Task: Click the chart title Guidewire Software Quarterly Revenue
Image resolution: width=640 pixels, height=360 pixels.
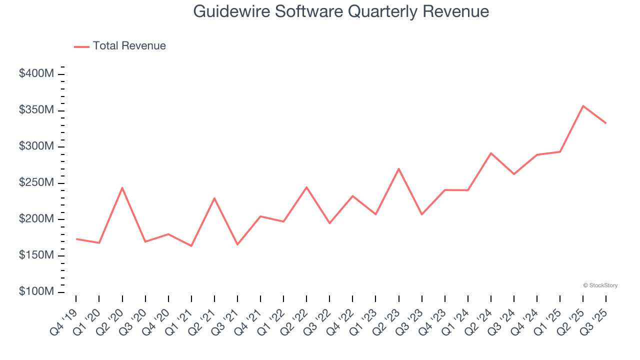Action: [340, 11]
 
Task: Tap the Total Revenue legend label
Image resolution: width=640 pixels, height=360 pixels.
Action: [129, 46]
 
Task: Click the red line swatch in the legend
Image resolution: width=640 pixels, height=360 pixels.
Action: [82, 46]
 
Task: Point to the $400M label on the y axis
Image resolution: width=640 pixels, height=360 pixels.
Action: [36, 74]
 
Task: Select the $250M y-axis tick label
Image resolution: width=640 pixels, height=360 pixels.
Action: [36, 183]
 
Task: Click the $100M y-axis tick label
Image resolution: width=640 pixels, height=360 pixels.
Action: [36, 292]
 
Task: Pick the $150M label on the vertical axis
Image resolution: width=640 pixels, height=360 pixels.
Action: [36, 255]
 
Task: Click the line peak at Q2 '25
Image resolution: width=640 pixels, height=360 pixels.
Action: [583, 106]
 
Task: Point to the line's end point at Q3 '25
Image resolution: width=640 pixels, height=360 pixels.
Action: [606, 123]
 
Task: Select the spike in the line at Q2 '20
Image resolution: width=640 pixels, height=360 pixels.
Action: [122, 188]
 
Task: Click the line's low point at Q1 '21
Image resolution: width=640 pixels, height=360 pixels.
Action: [191, 246]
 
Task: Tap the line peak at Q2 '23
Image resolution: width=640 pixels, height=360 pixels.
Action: [398, 168]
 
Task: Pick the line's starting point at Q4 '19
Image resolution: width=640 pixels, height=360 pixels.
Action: [76, 239]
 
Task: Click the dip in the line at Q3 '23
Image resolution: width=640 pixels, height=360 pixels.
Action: [421, 214]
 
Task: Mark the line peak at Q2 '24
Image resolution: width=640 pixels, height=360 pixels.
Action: [491, 153]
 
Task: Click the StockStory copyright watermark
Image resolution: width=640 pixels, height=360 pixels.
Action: [600, 285]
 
